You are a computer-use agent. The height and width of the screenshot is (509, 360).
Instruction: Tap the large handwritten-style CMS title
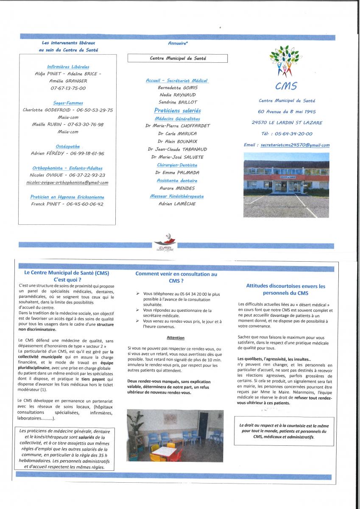tap(286, 86)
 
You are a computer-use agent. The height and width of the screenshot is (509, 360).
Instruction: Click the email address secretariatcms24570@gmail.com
tap(295, 145)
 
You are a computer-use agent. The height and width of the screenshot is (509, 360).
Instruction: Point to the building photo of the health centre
tap(286, 185)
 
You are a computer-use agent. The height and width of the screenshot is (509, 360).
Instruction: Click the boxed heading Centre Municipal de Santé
tap(178, 59)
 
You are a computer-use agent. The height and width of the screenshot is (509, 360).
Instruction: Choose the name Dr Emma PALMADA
tap(177, 173)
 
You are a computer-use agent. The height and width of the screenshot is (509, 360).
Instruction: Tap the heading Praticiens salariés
tap(177, 110)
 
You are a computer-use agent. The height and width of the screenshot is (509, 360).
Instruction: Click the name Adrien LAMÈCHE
tap(177, 204)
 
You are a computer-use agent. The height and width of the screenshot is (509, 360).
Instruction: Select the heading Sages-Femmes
tap(68, 103)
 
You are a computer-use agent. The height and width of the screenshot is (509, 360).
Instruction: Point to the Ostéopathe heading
tap(68, 147)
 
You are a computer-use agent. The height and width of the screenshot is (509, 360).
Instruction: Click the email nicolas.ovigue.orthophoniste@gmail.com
tap(69, 183)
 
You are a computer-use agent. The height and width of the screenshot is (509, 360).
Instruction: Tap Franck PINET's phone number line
tap(68, 204)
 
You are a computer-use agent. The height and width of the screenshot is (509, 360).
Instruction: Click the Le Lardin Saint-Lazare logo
tap(166, 244)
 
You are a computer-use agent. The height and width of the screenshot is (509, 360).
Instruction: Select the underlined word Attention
tap(176, 338)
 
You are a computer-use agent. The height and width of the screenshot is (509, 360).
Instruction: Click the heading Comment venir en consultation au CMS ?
tap(176, 277)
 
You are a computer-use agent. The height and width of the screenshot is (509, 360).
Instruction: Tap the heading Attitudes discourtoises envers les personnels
tap(285, 289)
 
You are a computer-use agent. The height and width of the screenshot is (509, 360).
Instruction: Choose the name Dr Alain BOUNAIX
tap(177, 141)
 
